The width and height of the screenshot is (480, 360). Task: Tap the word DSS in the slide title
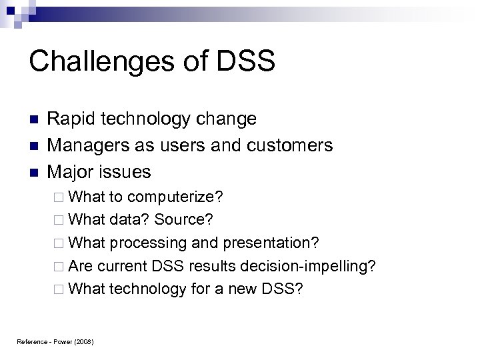(x=247, y=62)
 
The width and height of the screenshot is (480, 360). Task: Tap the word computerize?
(x=176, y=198)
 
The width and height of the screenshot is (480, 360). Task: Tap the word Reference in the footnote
(x=31, y=343)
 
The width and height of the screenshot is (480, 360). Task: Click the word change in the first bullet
(x=224, y=119)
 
